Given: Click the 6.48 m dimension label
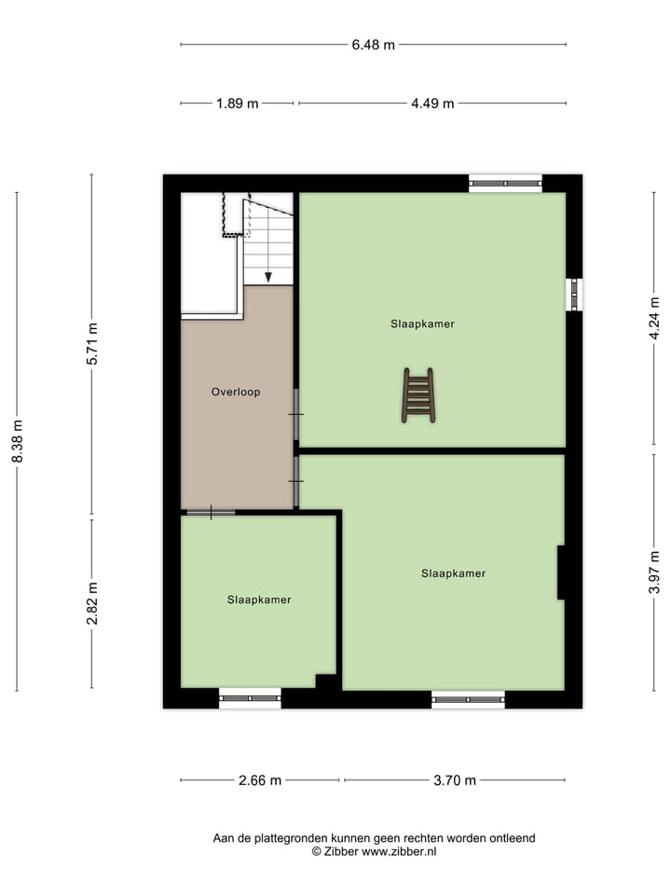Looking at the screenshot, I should coord(373,44).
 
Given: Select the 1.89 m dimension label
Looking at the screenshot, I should coord(237,103).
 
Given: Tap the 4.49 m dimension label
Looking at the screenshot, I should coord(432,103).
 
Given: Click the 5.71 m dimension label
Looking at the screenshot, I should coord(91,346).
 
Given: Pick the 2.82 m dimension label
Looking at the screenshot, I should coord(91,605).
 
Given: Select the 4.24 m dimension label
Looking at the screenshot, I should coord(654,318).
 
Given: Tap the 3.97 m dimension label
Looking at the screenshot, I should coord(654,571).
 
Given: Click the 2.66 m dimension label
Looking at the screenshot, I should coord(260,780).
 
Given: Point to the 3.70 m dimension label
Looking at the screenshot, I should coord(456,780).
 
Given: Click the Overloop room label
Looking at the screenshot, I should coord(236,392).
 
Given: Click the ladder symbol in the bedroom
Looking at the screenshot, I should coord(418,395).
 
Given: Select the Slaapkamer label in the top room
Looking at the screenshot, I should coord(422,324).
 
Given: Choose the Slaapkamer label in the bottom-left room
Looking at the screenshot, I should coord(259,599).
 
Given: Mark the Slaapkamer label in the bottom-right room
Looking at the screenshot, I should coord(453,573).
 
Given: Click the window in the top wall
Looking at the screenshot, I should coord(504,183).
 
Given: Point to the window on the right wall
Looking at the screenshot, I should coord(575,295).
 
